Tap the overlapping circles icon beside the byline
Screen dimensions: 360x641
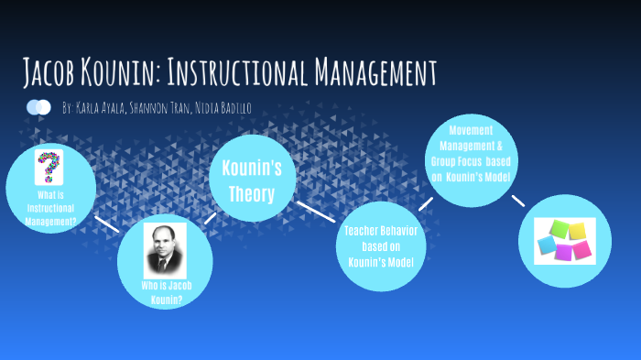tap(38, 108)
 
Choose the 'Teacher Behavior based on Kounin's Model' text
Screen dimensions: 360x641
tap(381, 246)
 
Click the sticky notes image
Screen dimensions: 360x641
tap(564, 241)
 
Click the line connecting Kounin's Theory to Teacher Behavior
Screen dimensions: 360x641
tap(316, 212)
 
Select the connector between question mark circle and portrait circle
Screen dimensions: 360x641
tap(107, 224)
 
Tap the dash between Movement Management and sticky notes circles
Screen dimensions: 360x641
tap(518, 201)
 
